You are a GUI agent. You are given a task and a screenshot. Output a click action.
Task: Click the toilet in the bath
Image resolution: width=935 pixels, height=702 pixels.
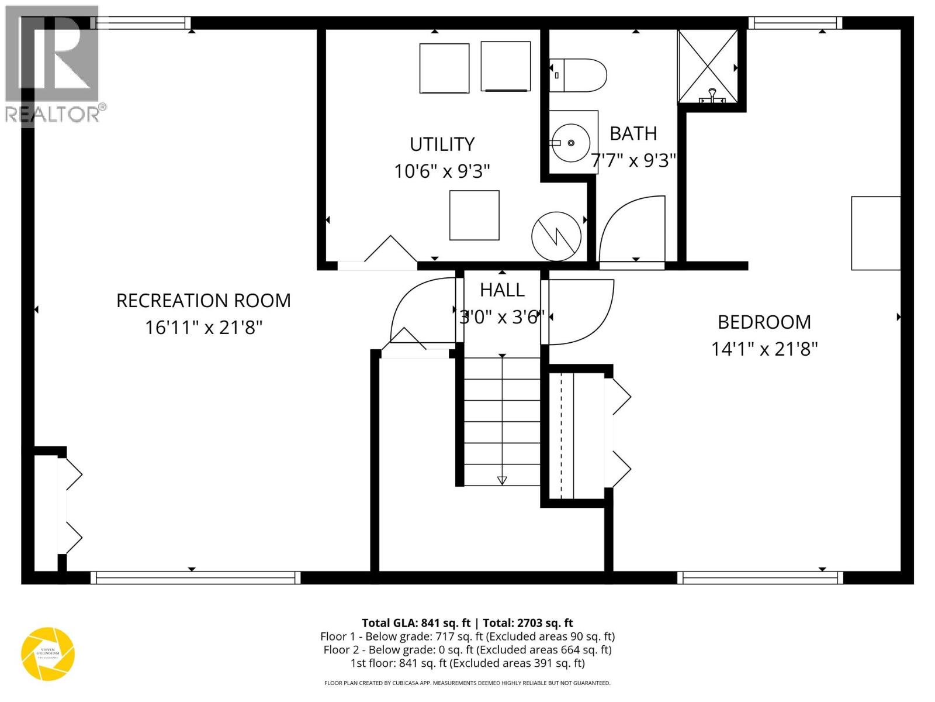[579, 75]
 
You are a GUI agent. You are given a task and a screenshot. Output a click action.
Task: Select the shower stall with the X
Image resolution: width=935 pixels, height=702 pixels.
[708, 66]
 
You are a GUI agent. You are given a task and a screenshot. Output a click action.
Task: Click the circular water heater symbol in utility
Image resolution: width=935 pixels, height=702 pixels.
[556, 236]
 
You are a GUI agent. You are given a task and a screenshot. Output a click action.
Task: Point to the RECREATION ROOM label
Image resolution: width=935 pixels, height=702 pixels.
[203, 301]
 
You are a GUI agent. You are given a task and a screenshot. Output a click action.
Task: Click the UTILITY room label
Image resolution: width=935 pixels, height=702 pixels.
[442, 144]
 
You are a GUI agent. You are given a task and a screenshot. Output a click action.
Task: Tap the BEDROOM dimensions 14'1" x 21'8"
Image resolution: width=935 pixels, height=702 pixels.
[764, 349]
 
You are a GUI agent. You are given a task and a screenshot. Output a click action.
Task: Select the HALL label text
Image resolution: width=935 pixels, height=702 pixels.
[502, 290]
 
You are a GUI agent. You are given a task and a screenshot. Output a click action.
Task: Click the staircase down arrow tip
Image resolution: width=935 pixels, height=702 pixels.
[502, 482]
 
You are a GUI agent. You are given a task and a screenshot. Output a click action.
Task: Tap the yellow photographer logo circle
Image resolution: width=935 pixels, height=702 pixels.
[48, 654]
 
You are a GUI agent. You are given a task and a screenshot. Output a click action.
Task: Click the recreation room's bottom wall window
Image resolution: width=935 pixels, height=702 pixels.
[196, 578]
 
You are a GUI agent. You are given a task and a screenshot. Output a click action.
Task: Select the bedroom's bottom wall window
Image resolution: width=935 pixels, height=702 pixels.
[760, 578]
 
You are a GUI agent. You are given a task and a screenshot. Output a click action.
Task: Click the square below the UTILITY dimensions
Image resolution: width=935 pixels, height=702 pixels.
[474, 215]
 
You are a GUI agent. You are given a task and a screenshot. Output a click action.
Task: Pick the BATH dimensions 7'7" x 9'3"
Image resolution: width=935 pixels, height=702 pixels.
[633, 160]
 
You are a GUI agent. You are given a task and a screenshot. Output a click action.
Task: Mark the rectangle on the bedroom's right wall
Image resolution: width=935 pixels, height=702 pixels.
[875, 233]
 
